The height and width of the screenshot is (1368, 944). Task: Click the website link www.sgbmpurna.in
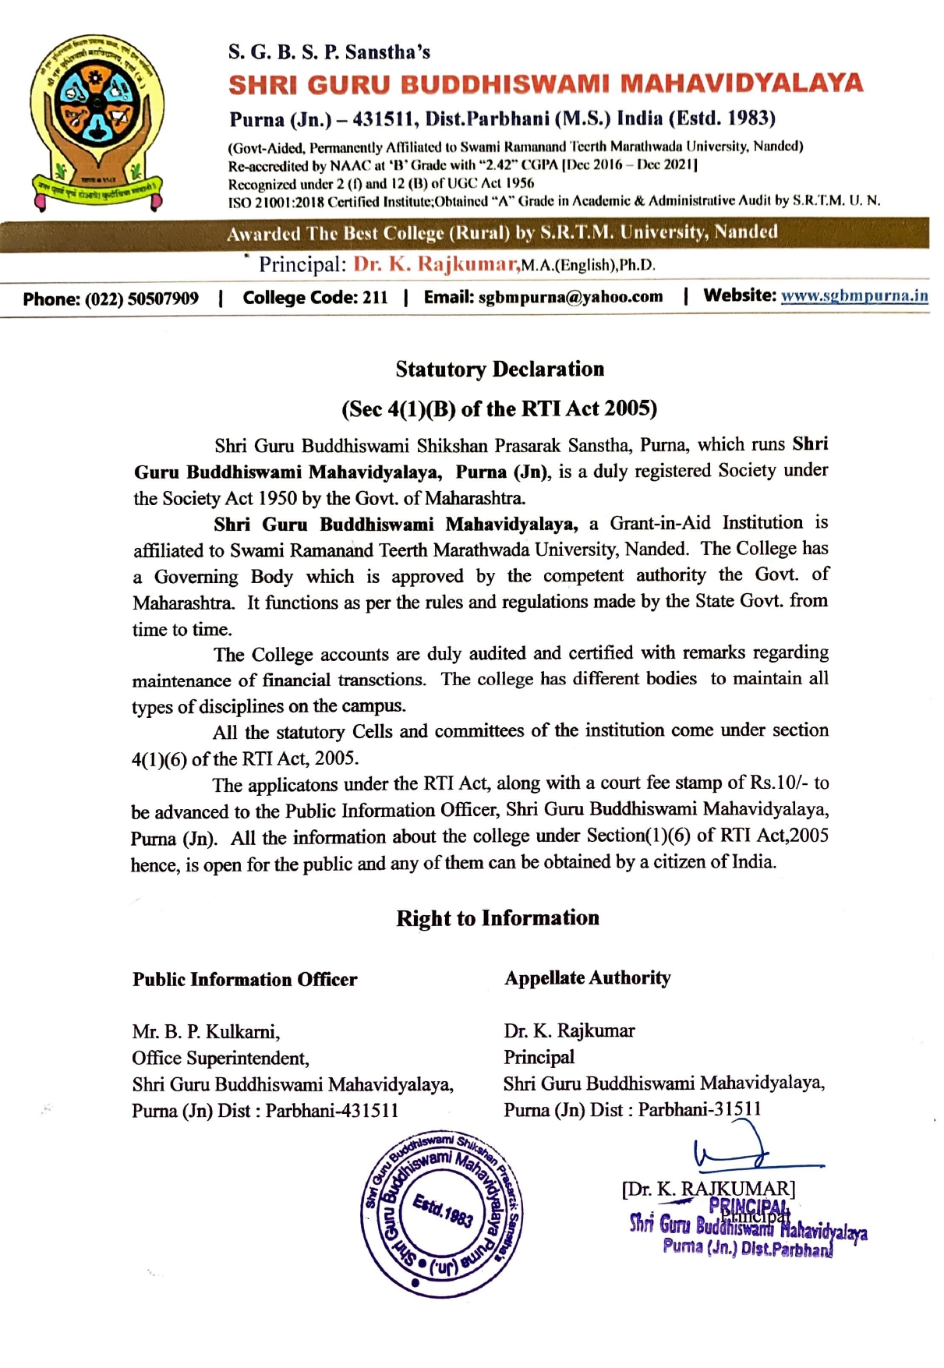(x=854, y=296)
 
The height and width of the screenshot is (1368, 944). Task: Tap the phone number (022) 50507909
(x=141, y=299)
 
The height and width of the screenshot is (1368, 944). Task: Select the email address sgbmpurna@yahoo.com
(x=570, y=297)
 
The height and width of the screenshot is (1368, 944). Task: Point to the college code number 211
(x=375, y=298)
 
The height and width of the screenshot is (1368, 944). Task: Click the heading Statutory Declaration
(x=500, y=369)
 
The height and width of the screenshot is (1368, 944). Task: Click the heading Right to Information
(x=497, y=918)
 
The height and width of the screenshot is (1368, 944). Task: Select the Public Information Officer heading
(x=245, y=980)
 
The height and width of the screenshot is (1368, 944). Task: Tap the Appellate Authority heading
(x=587, y=978)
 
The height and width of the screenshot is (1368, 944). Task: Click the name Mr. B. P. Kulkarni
(x=206, y=1032)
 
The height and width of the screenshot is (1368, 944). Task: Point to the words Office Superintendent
(x=221, y=1059)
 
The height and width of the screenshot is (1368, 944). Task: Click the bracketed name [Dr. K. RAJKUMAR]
(x=709, y=1189)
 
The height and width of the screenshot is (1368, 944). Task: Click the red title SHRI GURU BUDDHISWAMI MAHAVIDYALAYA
(x=546, y=84)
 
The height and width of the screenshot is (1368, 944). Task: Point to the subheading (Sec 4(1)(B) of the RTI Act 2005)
(x=500, y=408)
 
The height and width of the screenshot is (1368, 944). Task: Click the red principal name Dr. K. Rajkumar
(x=437, y=264)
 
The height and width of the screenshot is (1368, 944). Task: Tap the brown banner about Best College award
(x=502, y=233)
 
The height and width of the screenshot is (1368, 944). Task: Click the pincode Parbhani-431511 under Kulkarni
(x=332, y=1111)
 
